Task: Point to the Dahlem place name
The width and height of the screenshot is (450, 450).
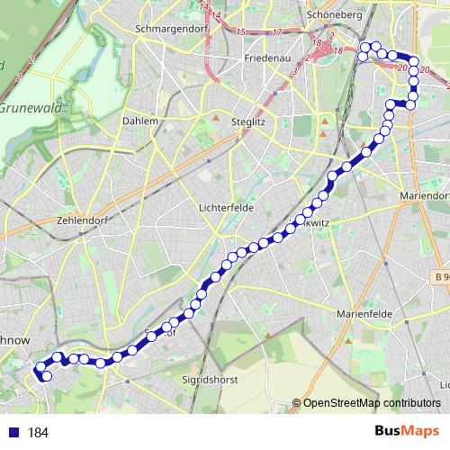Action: pyautogui.click(x=139, y=120)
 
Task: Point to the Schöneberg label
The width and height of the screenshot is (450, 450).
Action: pyautogui.click(x=333, y=14)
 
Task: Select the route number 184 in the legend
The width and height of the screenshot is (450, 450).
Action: pyautogui.click(x=38, y=433)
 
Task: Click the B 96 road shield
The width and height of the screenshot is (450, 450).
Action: pyautogui.click(x=438, y=275)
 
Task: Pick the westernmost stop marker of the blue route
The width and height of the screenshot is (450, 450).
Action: pyautogui.click(x=39, y=369)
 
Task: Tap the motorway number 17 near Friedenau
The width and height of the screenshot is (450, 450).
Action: pyautogui.click(x=276, y=33)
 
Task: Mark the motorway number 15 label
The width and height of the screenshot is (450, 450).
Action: pyautogui.click(x=240, y=31)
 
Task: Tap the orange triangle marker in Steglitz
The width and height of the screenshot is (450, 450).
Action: pyautogui.click(x=216, y=117)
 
